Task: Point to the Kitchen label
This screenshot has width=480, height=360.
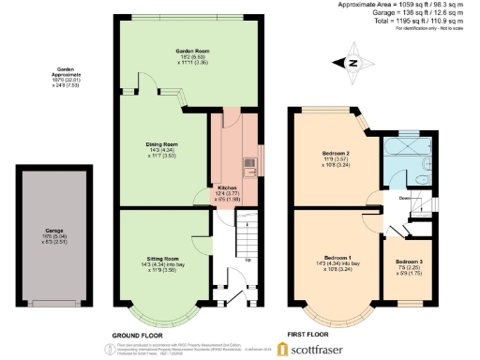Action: pyautogui.click(x=228, y=188)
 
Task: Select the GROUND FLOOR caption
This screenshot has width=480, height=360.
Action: pyautogui.click(x=140, y=335)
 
